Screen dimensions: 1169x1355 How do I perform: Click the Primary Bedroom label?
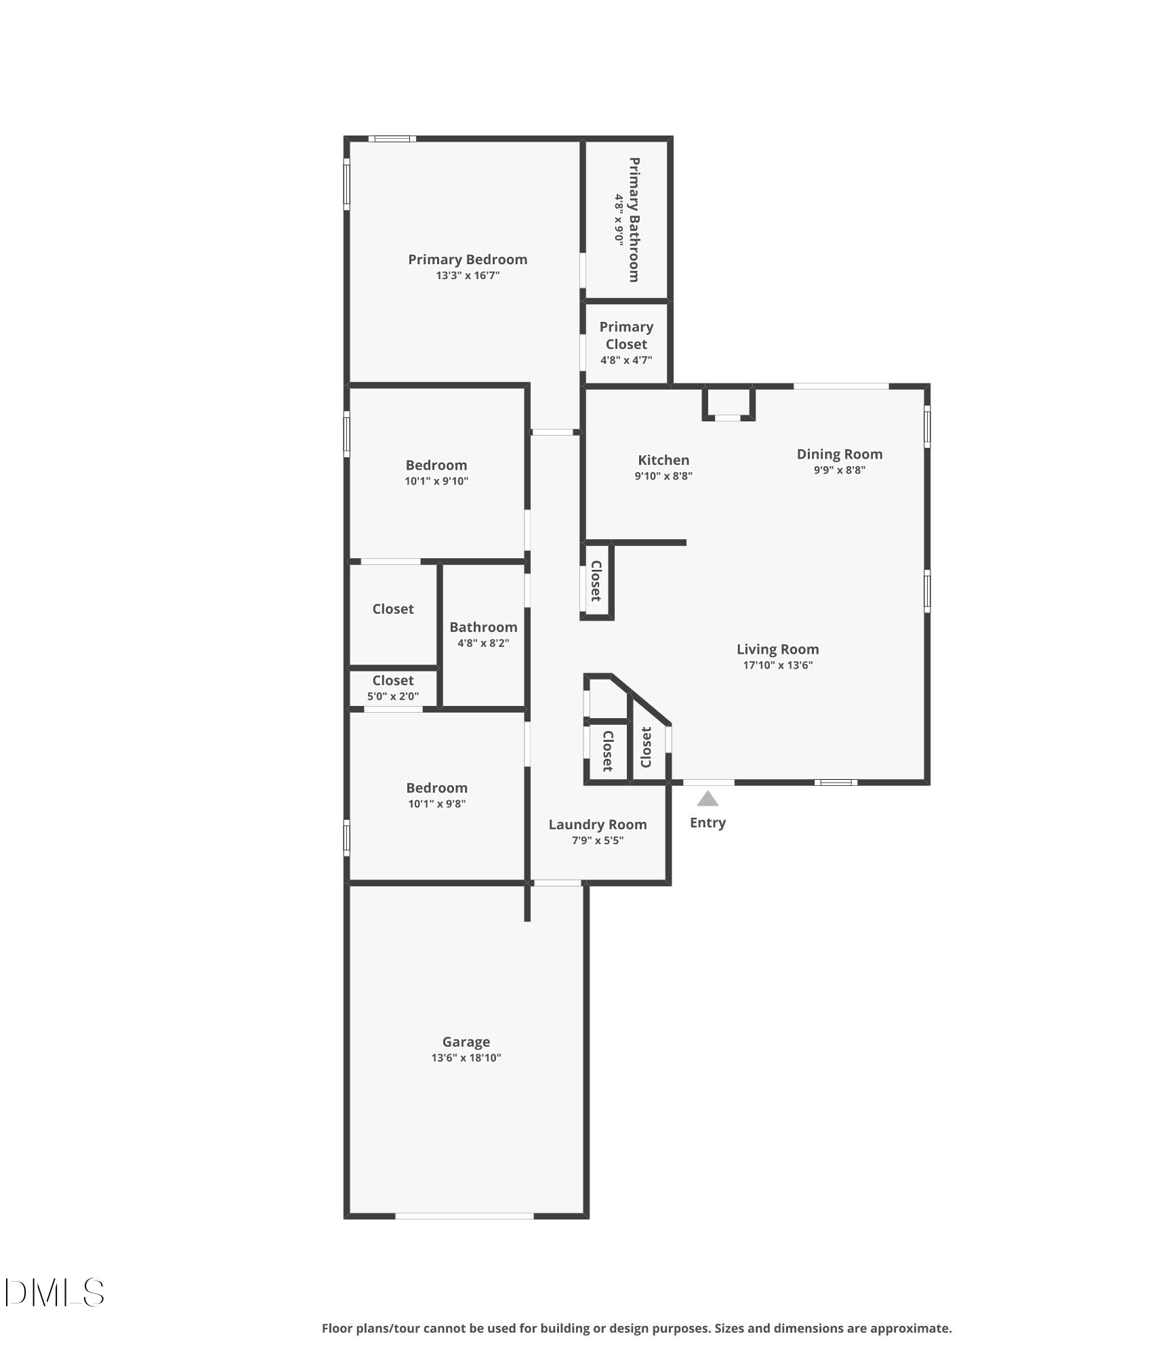tap(468, 259)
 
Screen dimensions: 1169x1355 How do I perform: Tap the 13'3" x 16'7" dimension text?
tap(468, 276)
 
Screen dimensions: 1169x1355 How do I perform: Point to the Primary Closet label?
tap(626, 335)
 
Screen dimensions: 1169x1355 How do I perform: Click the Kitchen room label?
tap(663, 460)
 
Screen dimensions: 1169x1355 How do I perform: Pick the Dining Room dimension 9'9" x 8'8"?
tap(840, 470)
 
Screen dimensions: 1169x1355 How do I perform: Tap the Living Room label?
tap(778, 649)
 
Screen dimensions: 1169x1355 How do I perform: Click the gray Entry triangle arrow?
tap(707, 799)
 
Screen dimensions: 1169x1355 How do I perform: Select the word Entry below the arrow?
tap(707, 822)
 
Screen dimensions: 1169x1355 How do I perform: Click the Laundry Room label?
tap(598, 825)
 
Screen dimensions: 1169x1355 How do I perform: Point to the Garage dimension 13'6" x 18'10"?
tap(466, 1058)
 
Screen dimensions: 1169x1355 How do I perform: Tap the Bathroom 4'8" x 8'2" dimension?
tap(483, 643)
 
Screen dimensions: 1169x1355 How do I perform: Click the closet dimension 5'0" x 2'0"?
tap(393, 696)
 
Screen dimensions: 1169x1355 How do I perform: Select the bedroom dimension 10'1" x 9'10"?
tap(436, 481)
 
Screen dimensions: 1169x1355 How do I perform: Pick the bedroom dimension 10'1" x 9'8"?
tap(436, 804)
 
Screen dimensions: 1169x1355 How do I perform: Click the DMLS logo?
tap(54, 1292)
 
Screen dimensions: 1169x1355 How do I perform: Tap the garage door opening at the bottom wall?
tap(465, 1216)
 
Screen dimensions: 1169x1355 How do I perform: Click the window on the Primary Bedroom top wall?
tap(392, 139)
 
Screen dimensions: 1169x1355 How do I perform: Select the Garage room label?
tap(466, 1042)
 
